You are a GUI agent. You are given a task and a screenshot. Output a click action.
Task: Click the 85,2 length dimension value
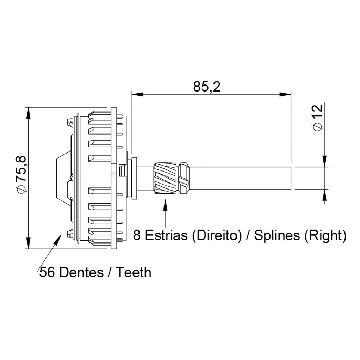206,87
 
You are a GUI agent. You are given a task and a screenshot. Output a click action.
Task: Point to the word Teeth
133,273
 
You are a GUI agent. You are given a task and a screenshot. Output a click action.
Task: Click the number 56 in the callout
47,273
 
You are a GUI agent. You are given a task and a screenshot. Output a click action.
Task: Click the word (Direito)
217,236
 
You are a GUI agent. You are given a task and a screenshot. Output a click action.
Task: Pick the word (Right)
325,236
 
